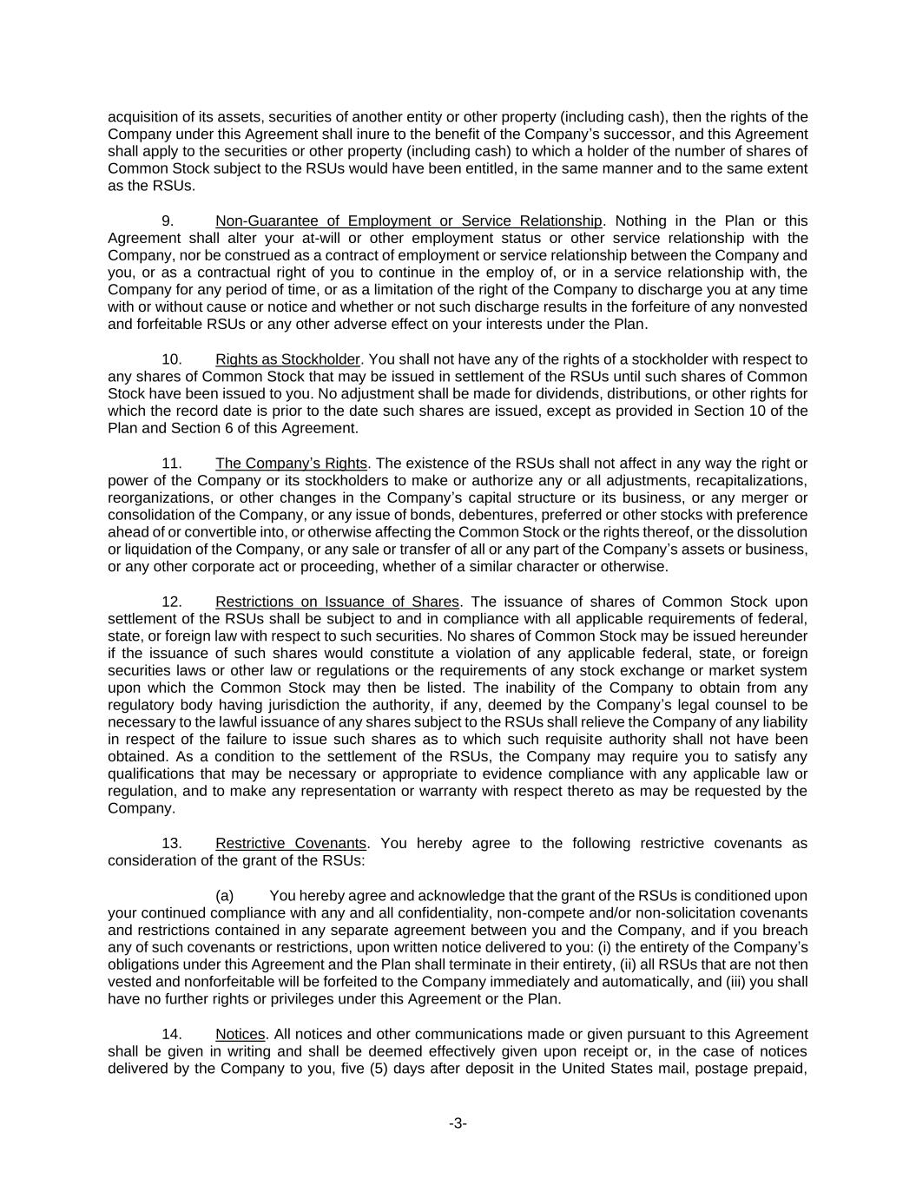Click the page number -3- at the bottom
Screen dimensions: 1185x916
[x=458, y=1123]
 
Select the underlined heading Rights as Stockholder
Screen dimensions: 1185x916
[x=287, y=359]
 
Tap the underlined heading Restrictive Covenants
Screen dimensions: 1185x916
[x=290, y=844]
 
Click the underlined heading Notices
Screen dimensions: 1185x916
[x=240, y=1034]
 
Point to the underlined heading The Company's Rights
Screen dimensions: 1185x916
[x=291, y=464]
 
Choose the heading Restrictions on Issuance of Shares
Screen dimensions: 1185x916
[x=337, y=602]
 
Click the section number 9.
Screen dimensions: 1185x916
[x=168, y=221]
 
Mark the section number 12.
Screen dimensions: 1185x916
[x=172, y=602]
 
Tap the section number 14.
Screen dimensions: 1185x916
[x=172, y=1034]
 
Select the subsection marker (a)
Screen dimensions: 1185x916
[x=224, y=896]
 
